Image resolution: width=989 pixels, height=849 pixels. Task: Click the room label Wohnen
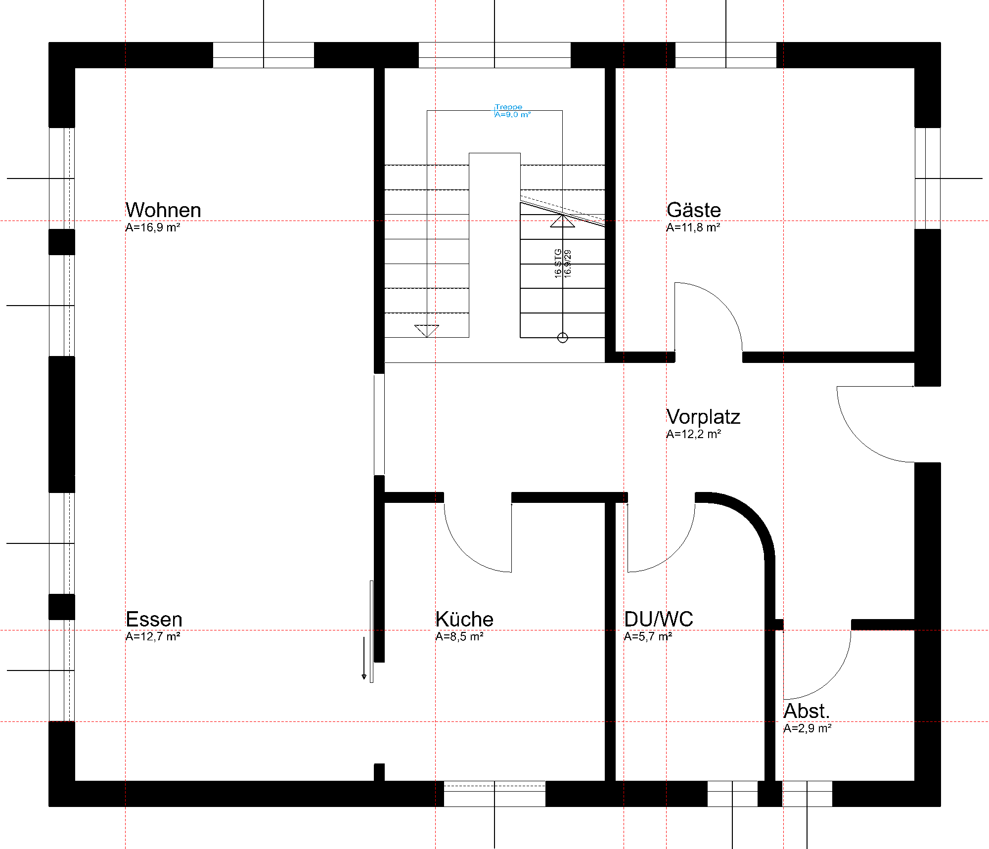[163, 210]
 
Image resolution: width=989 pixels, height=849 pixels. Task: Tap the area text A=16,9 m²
[152, 227]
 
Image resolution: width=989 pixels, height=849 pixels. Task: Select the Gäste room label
[694, 210]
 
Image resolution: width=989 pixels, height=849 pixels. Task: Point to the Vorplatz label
[703, 417]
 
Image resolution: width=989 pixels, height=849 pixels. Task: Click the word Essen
[154, 619]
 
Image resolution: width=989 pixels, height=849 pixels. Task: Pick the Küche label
[464, 619]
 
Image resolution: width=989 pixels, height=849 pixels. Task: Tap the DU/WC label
[659, 619]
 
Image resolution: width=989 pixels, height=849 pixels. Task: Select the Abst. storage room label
[807, 711]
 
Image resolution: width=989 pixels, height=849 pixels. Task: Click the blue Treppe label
[508, 107]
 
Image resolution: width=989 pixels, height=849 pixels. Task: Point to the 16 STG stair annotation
[558, 264]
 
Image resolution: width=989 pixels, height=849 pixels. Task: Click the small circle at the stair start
[563, 338]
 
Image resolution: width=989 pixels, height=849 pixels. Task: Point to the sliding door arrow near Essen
[364, 658]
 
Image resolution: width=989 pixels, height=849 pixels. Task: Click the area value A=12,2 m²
[693, 434]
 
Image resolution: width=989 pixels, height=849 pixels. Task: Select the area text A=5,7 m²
[648, 636]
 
